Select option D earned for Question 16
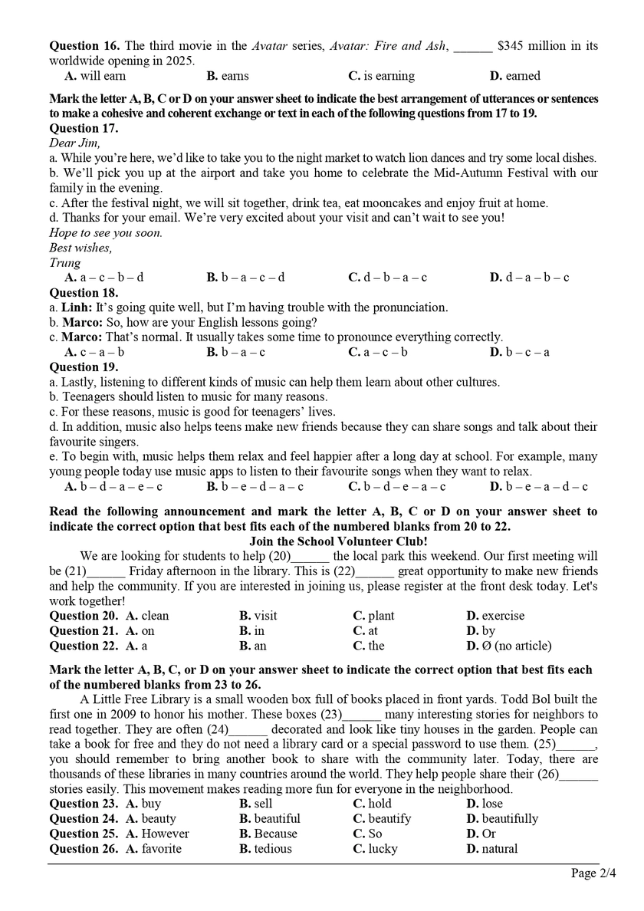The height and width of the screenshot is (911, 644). click(x=514, y=76)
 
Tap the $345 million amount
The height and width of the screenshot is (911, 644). click(x=537, y=46)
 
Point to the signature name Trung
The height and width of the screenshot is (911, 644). click(x=65, y=262)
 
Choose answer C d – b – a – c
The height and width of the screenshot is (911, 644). click(x=387, y=278)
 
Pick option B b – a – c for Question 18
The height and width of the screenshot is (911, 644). click(x=235, y=352)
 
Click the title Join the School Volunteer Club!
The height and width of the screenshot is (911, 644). click(x=321, y=541)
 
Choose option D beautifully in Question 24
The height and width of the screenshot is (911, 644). click(x=501, y=819)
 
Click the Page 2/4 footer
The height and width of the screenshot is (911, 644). click(x=593, y=873)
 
